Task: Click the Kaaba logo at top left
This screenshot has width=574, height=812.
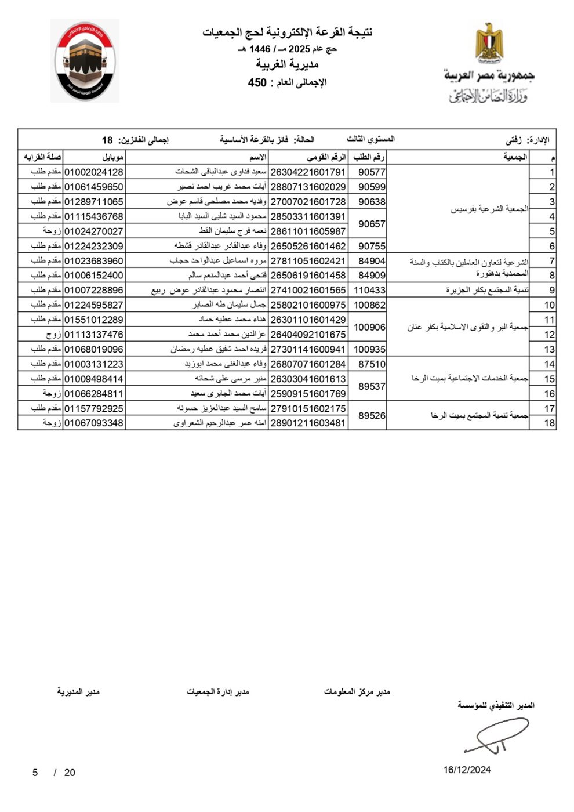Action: [x=85, y=61]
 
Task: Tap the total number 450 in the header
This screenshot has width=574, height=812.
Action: [x=257, y=83]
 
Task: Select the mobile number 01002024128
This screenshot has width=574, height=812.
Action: [x=93, y=172]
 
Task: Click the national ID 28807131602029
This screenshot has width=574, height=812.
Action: [x=308, y=187]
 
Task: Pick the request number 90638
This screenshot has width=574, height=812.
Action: [x=372, y=202]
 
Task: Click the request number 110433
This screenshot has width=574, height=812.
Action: [x=369, y=290]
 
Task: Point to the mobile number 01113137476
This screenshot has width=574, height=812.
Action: [x=93, y=335]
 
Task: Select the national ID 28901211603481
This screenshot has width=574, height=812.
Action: [x=308, y=423]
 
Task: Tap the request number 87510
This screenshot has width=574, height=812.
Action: [x=372, y=364]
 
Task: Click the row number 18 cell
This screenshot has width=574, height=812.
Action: [x=550, y=423]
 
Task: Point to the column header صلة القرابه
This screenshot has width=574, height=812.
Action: [x=42, y=157]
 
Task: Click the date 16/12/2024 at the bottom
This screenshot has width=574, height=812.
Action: [x=467, y=770]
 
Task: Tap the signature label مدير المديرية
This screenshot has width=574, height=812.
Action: [x=78, y=691]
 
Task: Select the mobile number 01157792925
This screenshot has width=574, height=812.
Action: [x=93, y=408]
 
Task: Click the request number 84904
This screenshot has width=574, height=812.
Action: [x=372, y=261]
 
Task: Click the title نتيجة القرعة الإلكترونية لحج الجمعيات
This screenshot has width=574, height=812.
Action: [x=287, y=32]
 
